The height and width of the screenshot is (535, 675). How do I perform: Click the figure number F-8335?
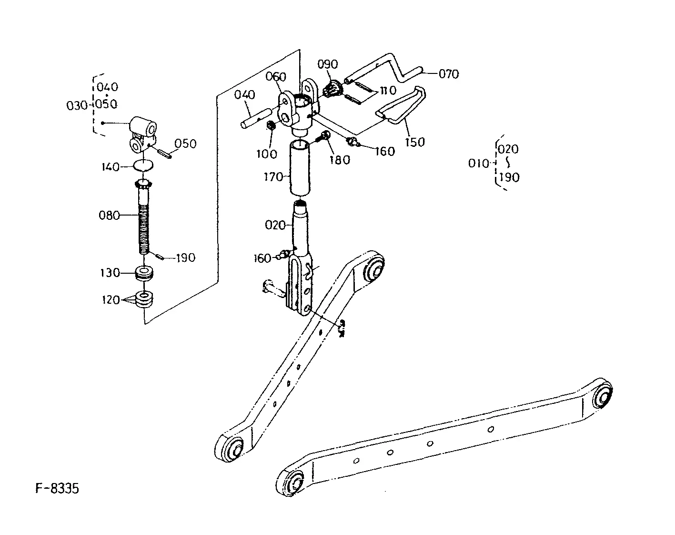coord(57,489)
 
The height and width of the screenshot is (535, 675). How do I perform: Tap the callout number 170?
coord(273,177)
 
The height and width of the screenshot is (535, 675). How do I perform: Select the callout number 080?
coord(109,216)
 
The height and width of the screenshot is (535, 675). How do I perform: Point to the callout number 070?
coord(448,74)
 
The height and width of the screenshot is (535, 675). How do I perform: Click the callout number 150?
coord(414,142)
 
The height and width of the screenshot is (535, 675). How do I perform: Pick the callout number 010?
coord(478,164)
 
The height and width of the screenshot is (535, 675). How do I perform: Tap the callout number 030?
coord(76,105)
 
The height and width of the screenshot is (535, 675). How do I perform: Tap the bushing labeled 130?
coord(144,273)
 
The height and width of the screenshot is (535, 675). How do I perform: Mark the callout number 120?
coord(111,300)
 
